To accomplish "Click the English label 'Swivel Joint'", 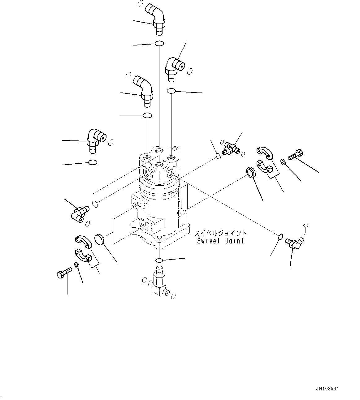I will point(220,241).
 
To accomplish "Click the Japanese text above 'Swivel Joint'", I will point(220,233).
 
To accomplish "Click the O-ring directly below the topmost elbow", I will point(159,44).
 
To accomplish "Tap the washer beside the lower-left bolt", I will point(77,265).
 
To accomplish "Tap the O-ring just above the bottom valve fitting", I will point(159,260).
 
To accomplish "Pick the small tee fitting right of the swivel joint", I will point(231,148).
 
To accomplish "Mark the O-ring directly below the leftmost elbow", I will point(93,163).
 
